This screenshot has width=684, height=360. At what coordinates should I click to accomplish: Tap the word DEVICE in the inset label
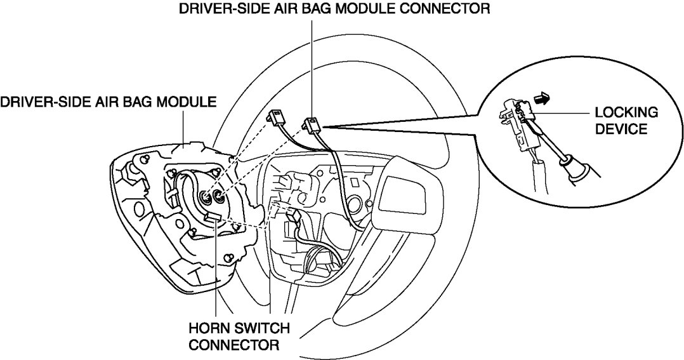621,130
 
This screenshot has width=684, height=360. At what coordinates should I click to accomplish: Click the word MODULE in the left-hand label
185,102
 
